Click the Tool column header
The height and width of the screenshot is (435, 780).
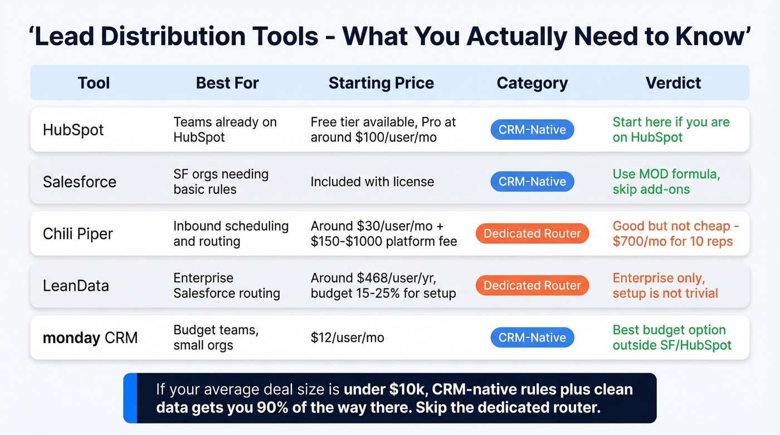[x=94, y=83]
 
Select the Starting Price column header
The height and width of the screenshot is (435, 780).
[x=381, y=83]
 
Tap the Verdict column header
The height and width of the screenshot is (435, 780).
[x=673, y=83]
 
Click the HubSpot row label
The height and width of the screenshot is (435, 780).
[x=73, y=130]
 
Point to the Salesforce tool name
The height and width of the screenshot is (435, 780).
[x=80, y=182]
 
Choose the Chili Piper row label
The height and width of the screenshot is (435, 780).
[x=78, y=234]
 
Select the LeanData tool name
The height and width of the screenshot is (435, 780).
[x=76, y=286]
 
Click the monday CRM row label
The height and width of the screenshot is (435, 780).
[x=90, y=338]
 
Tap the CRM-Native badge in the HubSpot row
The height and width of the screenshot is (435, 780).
[x=532, y=130]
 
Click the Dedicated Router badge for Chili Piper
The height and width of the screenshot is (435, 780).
[x=532, y=234]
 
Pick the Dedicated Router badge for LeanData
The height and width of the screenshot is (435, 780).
[x=532, y=286]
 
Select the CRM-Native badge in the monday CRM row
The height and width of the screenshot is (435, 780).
[x=532, y=338]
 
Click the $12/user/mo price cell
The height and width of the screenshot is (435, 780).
[x=347, y=338]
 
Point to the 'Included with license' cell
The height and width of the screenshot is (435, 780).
[x=372, y=182]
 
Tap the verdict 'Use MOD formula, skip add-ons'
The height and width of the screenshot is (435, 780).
[x=666, y=182]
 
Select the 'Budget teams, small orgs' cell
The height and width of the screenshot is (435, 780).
[x=216, y=338]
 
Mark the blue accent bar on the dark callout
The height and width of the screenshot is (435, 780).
[x=130, y=398]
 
